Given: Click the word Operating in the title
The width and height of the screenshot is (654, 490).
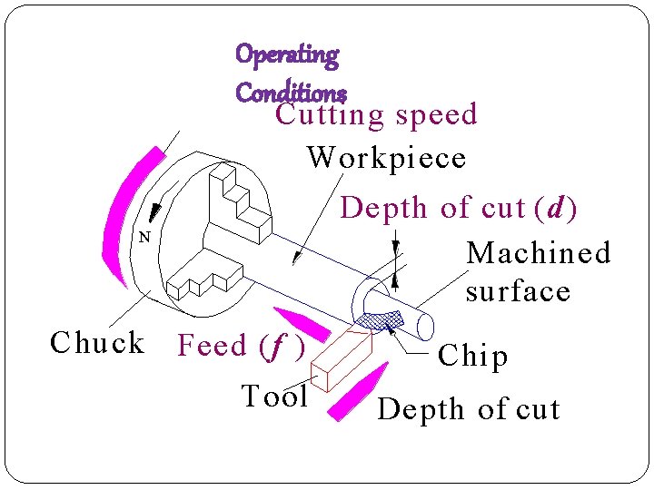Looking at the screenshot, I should pyautogui.click(x=287, y=54).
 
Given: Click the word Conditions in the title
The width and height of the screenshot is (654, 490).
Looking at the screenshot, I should pyautogui.click(x=291, y=92).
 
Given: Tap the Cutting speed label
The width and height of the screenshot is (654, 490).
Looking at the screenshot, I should pyautogui.click(x=377, y=115).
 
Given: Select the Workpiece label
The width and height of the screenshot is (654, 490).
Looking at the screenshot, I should pyautogui.click(x=387, y=158).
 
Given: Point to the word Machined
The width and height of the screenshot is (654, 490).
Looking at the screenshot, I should pyautogui.click(x=539, y=252).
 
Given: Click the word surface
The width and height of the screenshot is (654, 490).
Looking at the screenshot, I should pyautogui.click(x=518, y=291).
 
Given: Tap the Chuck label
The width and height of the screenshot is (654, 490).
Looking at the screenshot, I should pyautogui.click(x=97, y=343).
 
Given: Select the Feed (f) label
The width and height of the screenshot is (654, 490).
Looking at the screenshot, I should pyautogui.click(x=241, y=346).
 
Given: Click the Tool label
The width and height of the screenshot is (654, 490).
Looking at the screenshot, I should pyautogui.click(x=275, y=397).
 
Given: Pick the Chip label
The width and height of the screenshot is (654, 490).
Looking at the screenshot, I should pyautogui.click(x=472, y=356).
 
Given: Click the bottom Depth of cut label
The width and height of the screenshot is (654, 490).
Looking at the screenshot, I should pyautogui.click(x=469, y=409).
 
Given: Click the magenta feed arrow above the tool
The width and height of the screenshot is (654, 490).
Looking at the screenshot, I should pyautogui.click(x=302, y=325).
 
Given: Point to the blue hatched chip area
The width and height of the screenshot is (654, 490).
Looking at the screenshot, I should pyautogui.click(x=381, y=318).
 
